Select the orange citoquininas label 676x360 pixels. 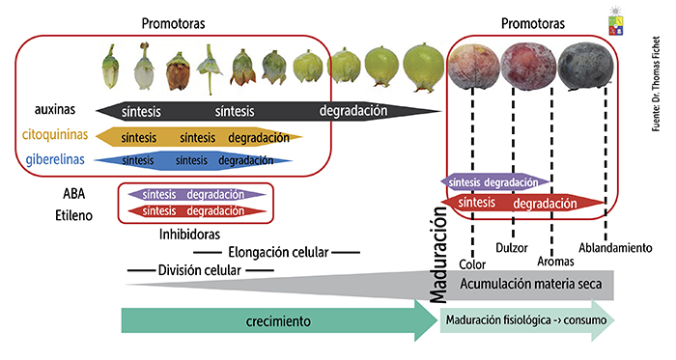[54, 136]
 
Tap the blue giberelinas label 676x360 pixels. [54, 160]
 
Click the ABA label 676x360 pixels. [74, 193]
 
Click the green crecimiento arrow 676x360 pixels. [270, 322]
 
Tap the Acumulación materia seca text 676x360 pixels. [529, 284]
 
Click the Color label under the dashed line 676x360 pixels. [472, 263]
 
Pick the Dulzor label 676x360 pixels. [511, 248]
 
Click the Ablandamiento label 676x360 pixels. [613, 248]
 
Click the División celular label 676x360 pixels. [199, 270]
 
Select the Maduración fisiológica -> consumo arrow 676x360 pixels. [526, 322]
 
